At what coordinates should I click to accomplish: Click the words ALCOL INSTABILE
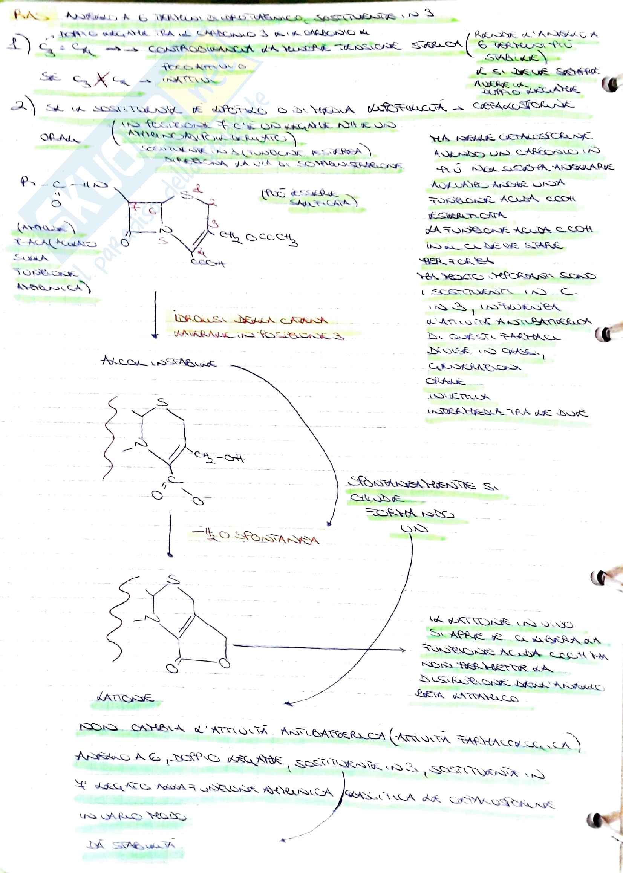[159, 362]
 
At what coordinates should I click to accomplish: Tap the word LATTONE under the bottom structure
[125, 697]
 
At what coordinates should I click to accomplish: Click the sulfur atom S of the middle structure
[163, 402]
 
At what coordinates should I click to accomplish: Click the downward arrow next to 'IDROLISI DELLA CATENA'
[155, 314]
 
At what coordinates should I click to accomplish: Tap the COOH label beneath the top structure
[207, 263]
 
